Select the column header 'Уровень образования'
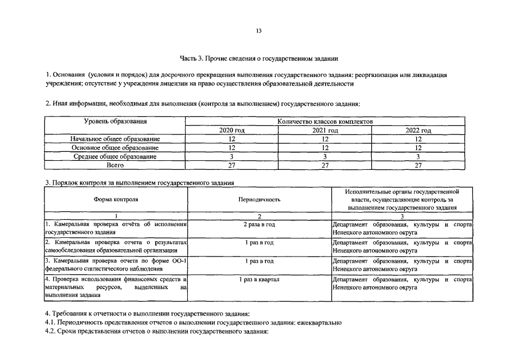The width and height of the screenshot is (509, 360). [x=115, y=121]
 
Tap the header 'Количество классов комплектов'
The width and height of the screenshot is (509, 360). [x=325, y=121]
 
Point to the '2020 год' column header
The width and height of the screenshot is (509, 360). [x=232, y=130]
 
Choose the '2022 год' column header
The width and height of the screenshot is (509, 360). [x=418, y=130]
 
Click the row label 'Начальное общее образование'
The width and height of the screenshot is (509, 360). [x=115, y=139]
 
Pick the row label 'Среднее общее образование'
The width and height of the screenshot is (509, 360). [x=115, y=156]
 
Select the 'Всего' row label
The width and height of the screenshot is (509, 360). [x=115, y=165]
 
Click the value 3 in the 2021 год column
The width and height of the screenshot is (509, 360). [x=325, y=156]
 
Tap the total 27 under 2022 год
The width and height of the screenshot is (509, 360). [x=418, y=165]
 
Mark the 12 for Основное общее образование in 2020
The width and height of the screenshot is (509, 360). [x=232, y=147]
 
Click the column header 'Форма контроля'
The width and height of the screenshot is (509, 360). [x=116, y=200]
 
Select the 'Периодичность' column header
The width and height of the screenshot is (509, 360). [x=259, y=200]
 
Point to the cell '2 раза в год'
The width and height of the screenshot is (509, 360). [x=259, y=224]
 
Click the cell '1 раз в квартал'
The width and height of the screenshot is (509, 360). [x=259, y=280]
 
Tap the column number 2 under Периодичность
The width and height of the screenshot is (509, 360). [x=259, y=217]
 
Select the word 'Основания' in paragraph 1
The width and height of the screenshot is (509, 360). [x=69, y=75]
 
